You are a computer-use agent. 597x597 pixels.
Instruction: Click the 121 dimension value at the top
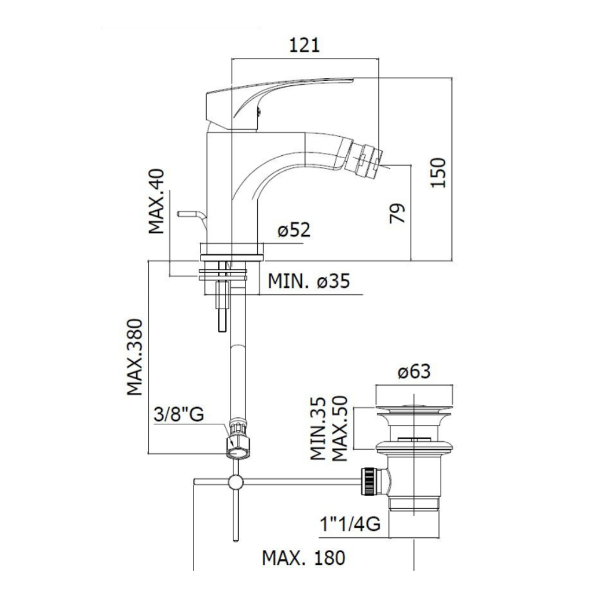pyautogui.click(x=304, y=45)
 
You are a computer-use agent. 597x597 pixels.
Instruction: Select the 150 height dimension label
pyautogui.click(x=438, y=172)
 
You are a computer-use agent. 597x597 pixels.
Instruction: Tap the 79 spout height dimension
pyautogui.click(x=398, y=213)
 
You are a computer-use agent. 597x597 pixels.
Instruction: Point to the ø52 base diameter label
pyautogui.click(x=294, y=230)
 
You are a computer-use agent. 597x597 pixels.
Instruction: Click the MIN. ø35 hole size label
pyautogui.click(x=309, y=281)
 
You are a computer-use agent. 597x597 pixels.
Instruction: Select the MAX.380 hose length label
pyautogui.click(x=135, y=357)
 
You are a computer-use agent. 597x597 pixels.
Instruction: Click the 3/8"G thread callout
pyautogui.click(x=179, y=414)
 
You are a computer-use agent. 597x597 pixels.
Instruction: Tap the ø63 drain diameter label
pyautogui.click(x=414, y=371)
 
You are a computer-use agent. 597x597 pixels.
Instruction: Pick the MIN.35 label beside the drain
pyautogui.click(x=318, y=429)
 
